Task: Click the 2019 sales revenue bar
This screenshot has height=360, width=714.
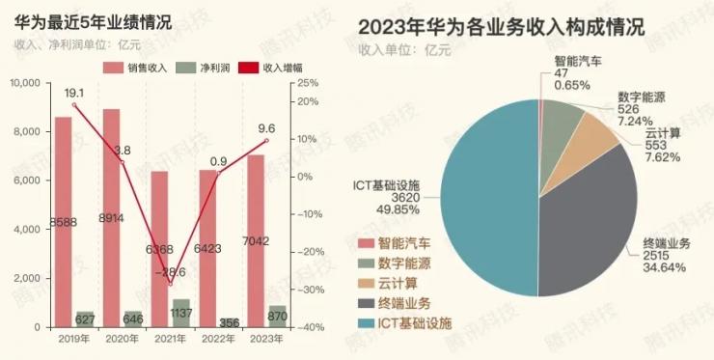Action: click(x=63, y=222)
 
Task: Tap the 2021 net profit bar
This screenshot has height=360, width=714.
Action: click(x=181, y=314)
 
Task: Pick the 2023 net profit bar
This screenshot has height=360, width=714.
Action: click(x=278, y=317)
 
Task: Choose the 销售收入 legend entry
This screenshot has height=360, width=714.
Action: click(x=135, y=69)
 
